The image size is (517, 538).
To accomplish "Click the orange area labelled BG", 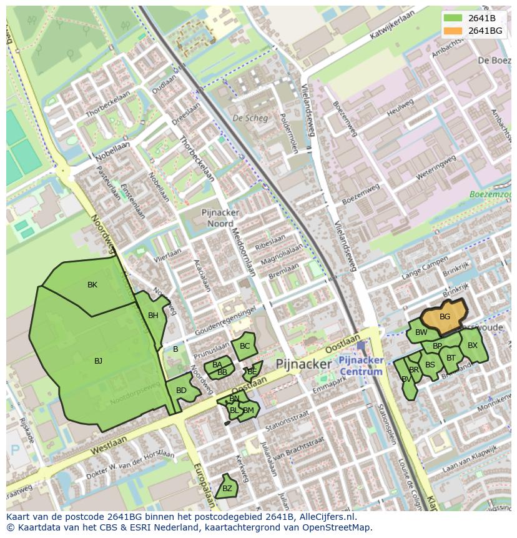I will pyautogui.click(x=445, y=316).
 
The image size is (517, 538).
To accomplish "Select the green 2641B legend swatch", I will pyautogui.click(x=453, y=18).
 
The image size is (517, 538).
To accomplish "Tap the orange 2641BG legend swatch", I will pyautogui.click(x=453, y=31).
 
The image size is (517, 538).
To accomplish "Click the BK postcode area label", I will pyautogui.click(x=92, y=285).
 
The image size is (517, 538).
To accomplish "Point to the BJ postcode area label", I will pyautogui.click(x=98, y=361).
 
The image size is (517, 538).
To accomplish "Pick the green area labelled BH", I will pyautogui.click(x=153, y=316).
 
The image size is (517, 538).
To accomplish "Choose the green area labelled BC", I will pyautogui.click(x=244, y=346).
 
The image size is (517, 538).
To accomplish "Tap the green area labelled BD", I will pyautogui.click(x=181, y=391).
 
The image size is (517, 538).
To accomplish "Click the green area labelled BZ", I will pyautogui.click(x=227, y=489).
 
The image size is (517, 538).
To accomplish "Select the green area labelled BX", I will pyautogui.click(x=473, y=346).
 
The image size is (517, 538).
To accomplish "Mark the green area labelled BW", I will pyautogui.click(x=421, y=332).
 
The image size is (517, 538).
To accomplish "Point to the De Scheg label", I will pyautogui.click(x=250, y=117).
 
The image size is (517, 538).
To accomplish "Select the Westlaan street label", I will pyautogui.click(x=107, y=446).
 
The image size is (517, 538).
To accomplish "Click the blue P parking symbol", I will pyautogui.click(x=15, y=450).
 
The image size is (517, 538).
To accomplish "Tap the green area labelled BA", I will pyautogui.click(x=217, y=365).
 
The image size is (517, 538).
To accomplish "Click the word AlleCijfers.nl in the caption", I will pyautogui.click(x=324, y=517).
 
